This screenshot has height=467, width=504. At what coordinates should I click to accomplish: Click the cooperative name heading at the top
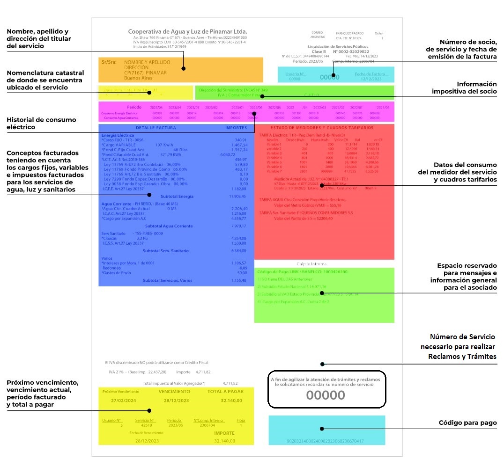coord(187,31)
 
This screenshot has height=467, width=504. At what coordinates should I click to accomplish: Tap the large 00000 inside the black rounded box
coord(326,395)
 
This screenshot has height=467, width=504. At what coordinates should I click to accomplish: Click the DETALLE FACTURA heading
coord(156,128)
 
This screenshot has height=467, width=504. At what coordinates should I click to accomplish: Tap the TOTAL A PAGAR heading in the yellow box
coord(225,391)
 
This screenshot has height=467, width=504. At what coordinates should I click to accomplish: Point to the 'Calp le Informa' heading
coord(311,263)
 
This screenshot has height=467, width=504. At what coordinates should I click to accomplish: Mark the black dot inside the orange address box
coord(184,68)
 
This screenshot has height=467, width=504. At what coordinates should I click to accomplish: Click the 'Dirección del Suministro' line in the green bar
coord(233,90)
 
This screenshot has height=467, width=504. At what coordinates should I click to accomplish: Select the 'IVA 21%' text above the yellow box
coord(116,372)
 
